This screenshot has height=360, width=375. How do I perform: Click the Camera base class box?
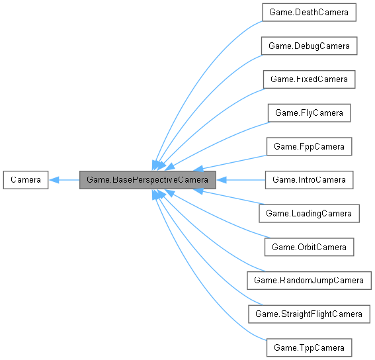click(x=25, y=179)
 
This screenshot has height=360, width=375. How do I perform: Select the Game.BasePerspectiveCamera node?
click(x=148, y=179)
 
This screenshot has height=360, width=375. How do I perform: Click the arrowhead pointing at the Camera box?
click(x=54, y=179)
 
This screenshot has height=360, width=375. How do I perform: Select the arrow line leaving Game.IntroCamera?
click(x=245, y=179)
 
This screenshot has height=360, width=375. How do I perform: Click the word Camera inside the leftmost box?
click(x=25, y=179)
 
